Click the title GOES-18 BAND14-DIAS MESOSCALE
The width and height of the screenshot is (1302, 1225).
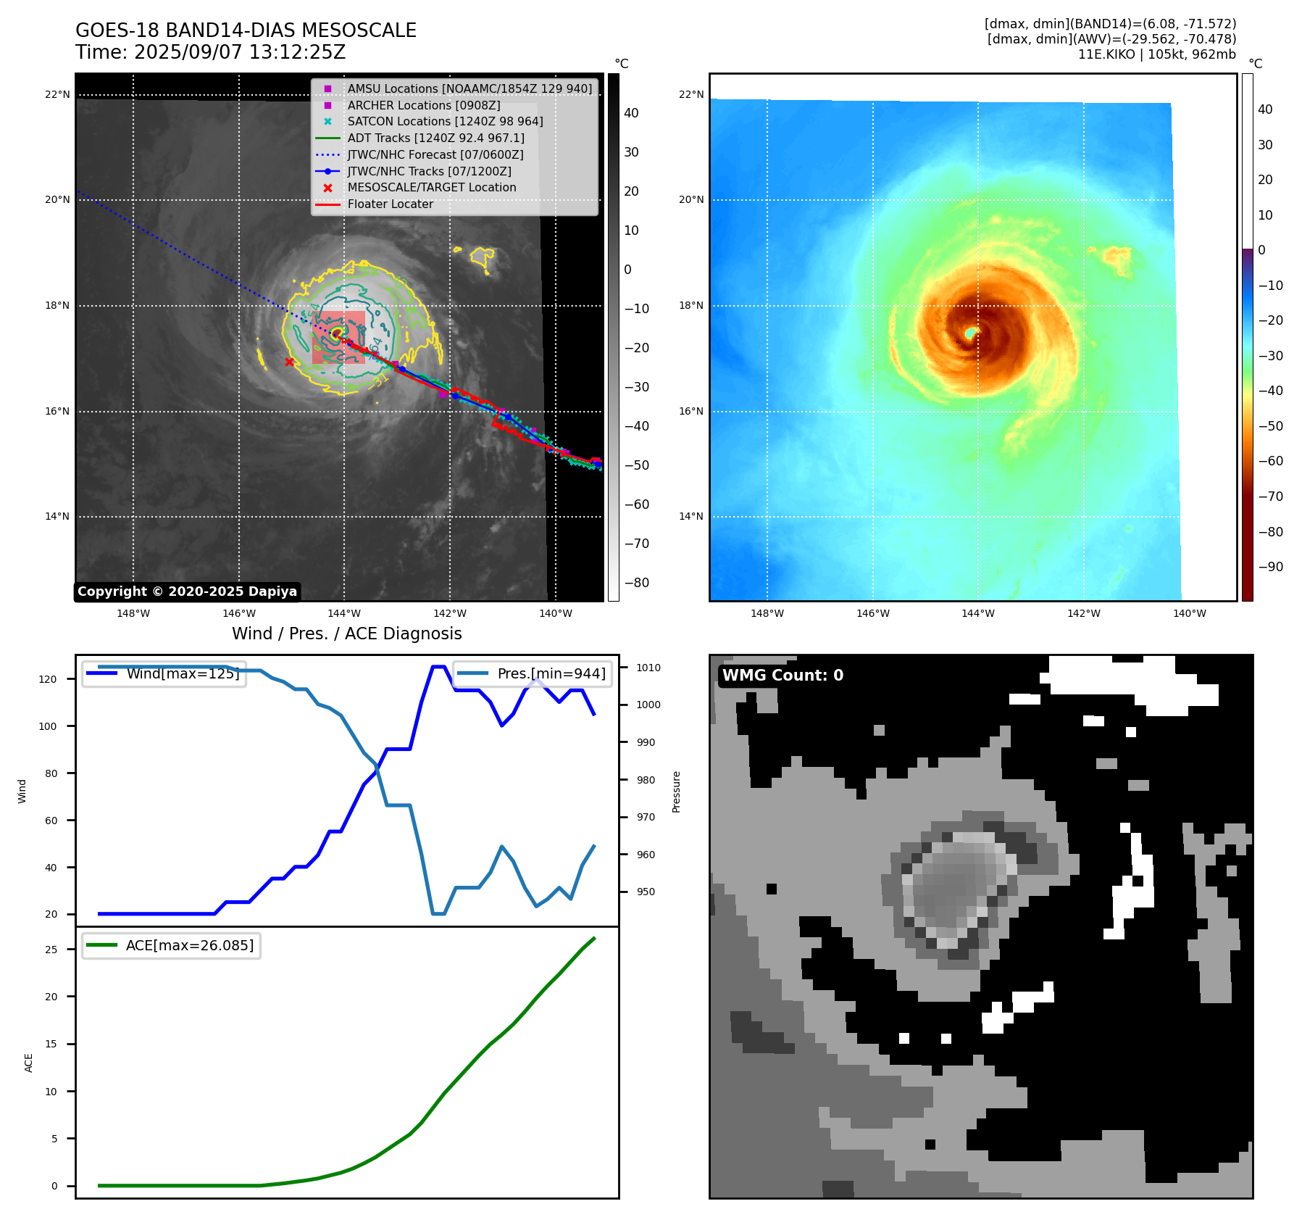[x=246, y=30]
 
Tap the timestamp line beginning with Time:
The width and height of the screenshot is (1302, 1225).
[x=210, y=52]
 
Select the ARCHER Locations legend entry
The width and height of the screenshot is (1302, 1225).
[x=423, y=105]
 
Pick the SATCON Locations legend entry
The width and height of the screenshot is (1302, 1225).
[x=445, y=122]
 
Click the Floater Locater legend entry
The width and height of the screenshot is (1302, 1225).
[x=390, y=204]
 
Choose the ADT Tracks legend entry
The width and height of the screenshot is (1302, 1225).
[x=435, y=138]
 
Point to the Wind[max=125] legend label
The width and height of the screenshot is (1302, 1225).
[x=183, y=673]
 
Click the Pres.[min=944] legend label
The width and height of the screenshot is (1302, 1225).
[x=551, y=673]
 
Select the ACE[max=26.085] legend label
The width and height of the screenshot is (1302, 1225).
[x=190, y=945]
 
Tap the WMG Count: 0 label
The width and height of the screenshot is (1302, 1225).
[x=783, y=676]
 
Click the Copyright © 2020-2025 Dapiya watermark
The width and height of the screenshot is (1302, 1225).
[x=187, y=591]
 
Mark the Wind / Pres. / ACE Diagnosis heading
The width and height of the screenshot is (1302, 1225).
[x=346, y=634]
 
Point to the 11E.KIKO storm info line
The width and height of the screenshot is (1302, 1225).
[x=1156, y=54]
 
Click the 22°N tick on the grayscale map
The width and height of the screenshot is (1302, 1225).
[x=57, y=94]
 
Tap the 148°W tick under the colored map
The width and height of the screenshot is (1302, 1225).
[x=767, y=613]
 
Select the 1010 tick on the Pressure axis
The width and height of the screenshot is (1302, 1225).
[x=648, y=668]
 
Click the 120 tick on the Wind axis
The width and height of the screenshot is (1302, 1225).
[x=47, y=679]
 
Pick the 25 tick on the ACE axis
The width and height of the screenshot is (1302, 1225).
[x=51, y=950]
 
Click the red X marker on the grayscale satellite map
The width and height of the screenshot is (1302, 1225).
[x=290, y=362]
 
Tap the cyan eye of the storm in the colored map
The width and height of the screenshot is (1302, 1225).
[x=971, y=333]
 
